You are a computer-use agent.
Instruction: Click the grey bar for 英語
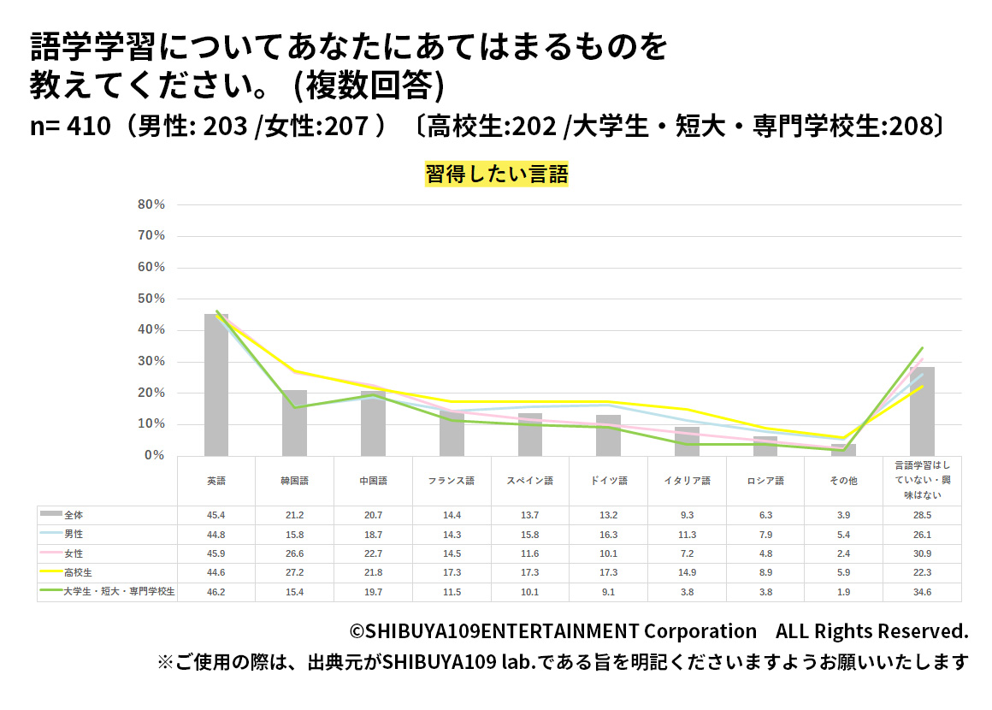pyautogui.click(x=216, y=385)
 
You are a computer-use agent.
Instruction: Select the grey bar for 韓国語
pyautogui.click(x=294, y=423)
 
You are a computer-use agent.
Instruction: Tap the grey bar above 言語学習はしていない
pyautogui.click(x=922, y=411)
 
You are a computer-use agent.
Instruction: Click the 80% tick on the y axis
pyautogui.click(x=151, y=204)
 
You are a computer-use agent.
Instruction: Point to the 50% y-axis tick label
pyautogui.click(x=151, y=299)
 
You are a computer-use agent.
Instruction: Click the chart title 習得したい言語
pyautogui.click(x=496, y=175)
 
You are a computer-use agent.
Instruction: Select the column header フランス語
pyautogui.click(x=451, y=481)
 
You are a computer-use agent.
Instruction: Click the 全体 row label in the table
pyautogui.click(x=74, y=515)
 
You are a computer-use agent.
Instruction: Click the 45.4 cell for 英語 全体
pyautogui.click(x=216, y=515)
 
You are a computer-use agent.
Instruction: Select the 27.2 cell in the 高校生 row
pyautogui.click(x=294, y=572)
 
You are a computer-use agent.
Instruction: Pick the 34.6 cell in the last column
pyautogui.click(x=922, y=592)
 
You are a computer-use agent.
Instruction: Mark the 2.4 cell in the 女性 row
pyautogui.click(x=842, y=553)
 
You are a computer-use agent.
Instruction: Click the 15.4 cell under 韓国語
pyautogui.click(x=294, y=592)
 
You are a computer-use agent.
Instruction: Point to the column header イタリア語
pyautogui.click(x=686, y=481)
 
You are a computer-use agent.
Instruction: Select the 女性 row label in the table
pyautogui.click(x=74, y=553)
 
